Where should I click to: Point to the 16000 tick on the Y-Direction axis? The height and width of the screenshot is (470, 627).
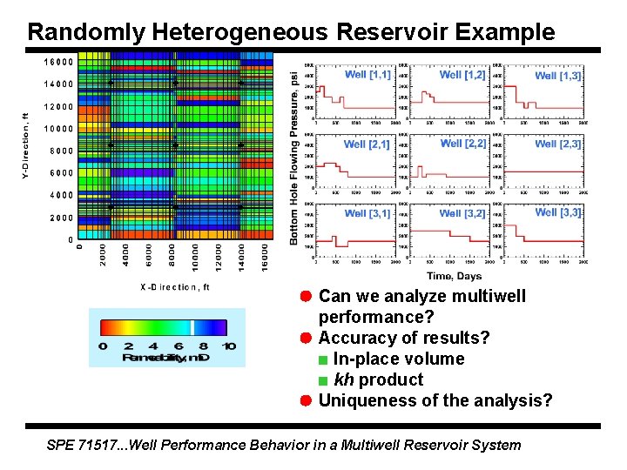pos(58,62)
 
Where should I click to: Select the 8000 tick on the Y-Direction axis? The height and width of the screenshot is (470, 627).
pos(61,151)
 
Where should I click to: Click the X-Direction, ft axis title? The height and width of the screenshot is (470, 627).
pos(174,286)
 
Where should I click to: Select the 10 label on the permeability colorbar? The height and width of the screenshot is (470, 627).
pos(228,346)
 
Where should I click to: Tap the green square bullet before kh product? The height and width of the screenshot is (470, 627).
pos(323,380)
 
